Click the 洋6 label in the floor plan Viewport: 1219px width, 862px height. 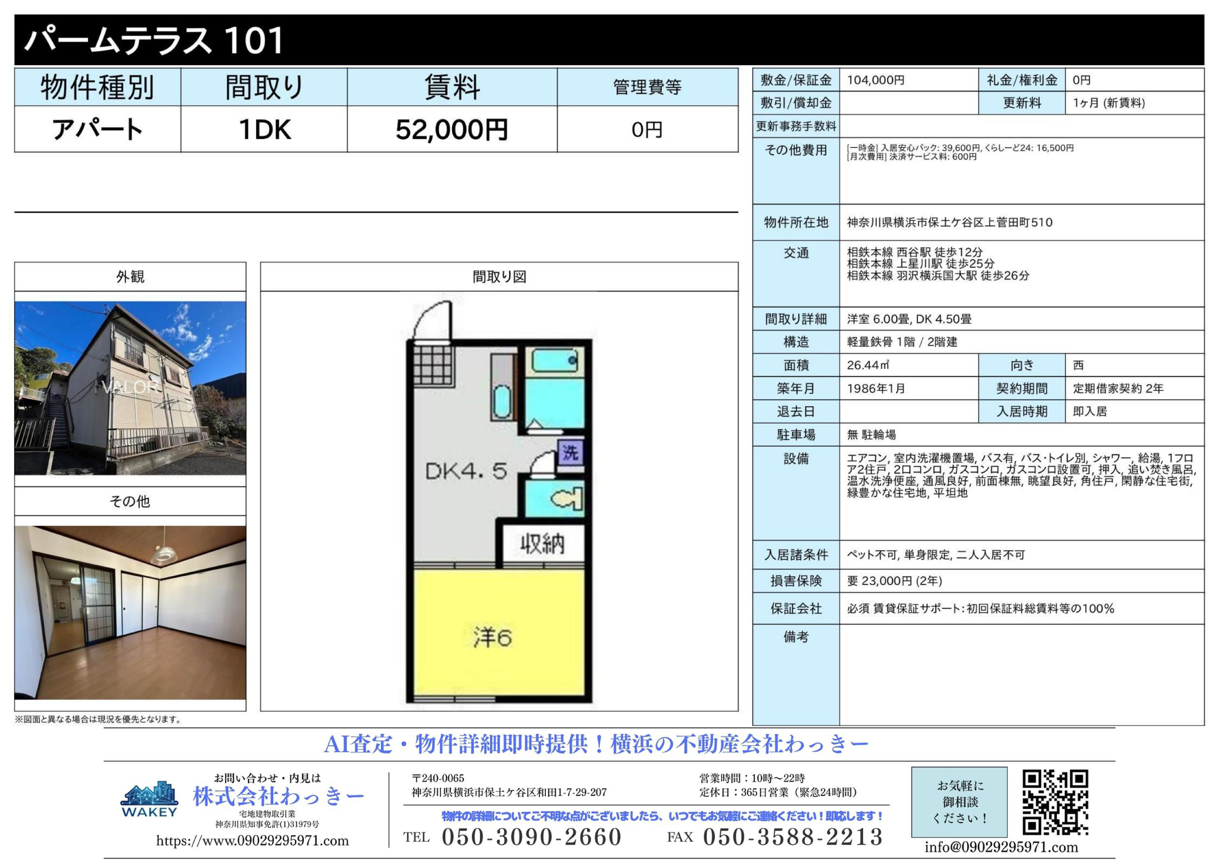click(492, 638)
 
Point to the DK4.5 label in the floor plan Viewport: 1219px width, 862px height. click(466, 471)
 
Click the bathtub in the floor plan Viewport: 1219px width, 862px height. click(555, 361)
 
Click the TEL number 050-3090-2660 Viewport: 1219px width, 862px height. click(531, 837)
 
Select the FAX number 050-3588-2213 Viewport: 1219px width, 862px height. click(793, 837)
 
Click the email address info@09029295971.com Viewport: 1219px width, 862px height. click(1001, 847)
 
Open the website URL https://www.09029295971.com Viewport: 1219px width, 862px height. click(253, 841)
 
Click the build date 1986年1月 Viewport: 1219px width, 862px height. click(876, 389)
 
